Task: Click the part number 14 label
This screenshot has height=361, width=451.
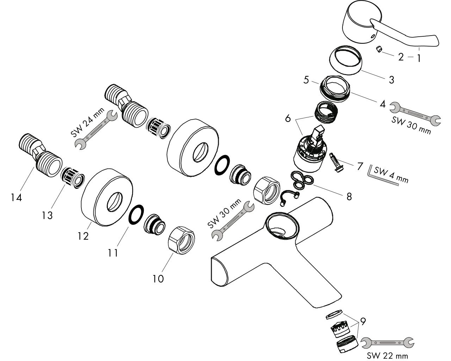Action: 16,197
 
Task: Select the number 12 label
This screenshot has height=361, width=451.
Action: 84,236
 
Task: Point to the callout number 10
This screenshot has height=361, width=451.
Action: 158,279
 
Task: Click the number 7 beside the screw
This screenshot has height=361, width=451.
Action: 360,166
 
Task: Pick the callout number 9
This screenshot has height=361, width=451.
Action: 363,321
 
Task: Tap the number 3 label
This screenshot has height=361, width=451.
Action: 391,80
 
